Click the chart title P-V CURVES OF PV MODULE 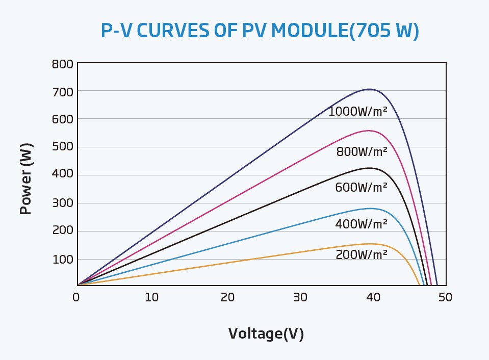[260, 31]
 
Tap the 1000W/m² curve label [357, 112]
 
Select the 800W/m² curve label [362, 151]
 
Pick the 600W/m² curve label [361, 188]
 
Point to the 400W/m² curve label [361, 224]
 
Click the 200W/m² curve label [361, 254]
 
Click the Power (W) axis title [26, 178]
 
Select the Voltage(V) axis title [266, 333]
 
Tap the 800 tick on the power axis [62, 65]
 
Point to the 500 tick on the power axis [62, 147]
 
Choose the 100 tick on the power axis [62, 259]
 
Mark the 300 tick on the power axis [62, 203]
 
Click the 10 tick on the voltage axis [151, 297]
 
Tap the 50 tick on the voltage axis [446, 297]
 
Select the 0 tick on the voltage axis [76, 297]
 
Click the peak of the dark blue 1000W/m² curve [369, 89]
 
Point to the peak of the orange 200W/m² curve [370, 244]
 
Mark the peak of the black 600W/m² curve [370, 168]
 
